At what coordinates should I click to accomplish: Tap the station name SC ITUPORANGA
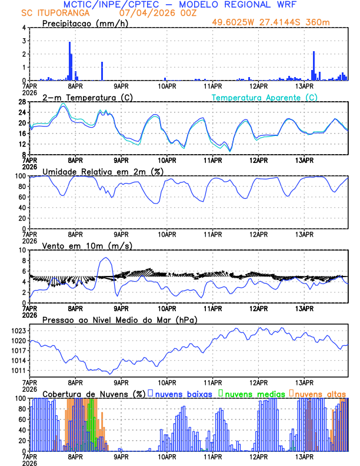click(x=55, y=12)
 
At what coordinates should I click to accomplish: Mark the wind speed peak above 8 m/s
click(x=105, y=258)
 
